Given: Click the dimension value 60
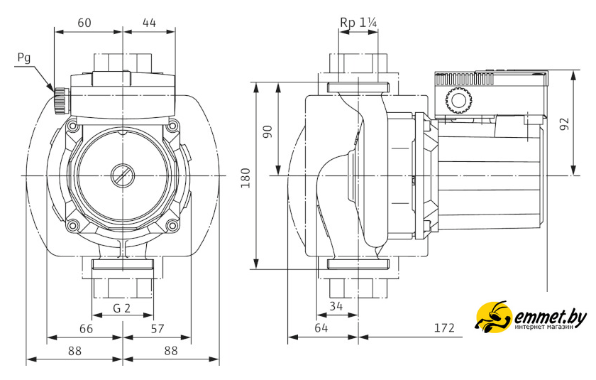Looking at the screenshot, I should coord(84,22).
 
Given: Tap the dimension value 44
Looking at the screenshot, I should coord(149,22).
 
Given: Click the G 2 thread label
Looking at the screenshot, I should coord(122,308).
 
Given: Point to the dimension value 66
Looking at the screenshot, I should coord(84,329).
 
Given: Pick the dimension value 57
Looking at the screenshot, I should coord(158,329).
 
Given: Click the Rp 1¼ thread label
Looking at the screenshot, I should coord(358,22).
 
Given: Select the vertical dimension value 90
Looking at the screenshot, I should coord(267,131).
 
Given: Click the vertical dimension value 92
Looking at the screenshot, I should coord(564,123).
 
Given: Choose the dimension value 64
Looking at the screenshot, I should coord(321,329).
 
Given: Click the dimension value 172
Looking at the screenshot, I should coord(443,329).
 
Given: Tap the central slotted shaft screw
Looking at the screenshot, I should coord(122,175).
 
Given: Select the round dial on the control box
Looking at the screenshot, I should coord(459,102).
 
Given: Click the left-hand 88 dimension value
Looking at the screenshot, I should coord(74,350).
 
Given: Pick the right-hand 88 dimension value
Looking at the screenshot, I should coord(170,350).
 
